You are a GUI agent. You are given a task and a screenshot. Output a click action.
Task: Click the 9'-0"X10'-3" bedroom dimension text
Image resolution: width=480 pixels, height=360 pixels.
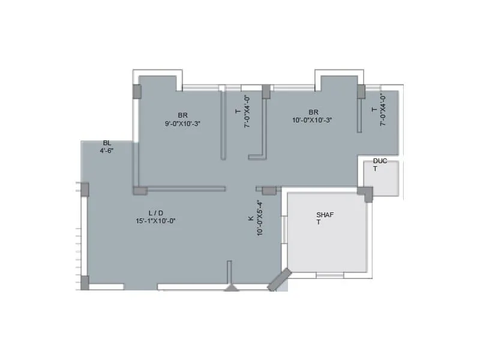click(182, 124)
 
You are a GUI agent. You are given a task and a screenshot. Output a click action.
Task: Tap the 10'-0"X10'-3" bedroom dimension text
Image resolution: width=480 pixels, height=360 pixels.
click(312, 120)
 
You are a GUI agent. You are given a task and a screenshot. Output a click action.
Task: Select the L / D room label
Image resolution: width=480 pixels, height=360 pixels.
click(155, 213)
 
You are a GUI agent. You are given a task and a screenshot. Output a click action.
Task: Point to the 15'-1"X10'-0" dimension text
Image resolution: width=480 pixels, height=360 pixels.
click(155, 221)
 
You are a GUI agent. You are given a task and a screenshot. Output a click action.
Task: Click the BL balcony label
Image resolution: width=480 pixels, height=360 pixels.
click(107, 143)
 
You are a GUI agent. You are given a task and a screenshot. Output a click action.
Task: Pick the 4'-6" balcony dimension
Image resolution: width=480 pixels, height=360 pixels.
click(107, 151)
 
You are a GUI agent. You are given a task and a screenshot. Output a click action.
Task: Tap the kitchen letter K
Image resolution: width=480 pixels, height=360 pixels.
click(251, 218)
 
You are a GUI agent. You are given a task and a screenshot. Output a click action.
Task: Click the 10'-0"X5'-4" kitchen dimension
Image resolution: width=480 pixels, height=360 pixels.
click(260, 218)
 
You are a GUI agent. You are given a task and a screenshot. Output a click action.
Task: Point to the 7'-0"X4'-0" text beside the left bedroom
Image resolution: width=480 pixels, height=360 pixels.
click(246, 112)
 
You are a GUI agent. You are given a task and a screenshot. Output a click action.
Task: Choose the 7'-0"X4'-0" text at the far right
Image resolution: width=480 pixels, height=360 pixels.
click(383, 110)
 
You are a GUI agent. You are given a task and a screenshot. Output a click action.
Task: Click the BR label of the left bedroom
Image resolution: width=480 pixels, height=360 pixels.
click(182, 115)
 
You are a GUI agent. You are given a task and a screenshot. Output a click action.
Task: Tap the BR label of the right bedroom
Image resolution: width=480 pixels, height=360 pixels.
click(313, 112)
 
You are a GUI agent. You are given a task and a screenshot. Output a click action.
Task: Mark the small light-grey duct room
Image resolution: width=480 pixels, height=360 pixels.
click(382, 178)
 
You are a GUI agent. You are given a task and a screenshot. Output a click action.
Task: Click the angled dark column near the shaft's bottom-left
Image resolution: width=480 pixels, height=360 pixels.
click(280, 280)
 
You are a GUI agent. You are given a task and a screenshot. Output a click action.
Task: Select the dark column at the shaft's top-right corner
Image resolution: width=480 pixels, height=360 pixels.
click(365, 193)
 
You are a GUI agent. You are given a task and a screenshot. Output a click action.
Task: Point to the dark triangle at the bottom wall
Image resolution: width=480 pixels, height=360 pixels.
click(232, 288)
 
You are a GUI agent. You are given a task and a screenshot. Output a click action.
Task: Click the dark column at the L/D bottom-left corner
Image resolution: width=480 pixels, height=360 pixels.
click(85, 283)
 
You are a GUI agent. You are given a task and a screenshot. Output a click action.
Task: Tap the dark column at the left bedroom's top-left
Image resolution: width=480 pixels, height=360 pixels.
click(137, 91)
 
